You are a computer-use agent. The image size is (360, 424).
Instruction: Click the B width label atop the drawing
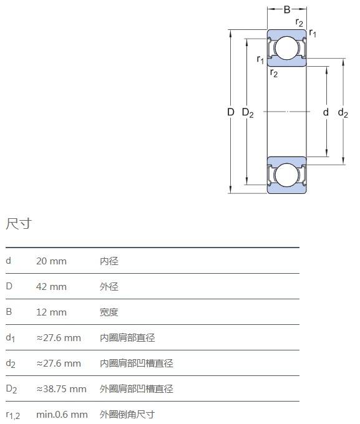pos(287,10)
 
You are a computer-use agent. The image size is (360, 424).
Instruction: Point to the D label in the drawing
pos(231,112)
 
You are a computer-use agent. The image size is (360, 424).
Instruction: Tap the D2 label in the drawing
pos(248,112)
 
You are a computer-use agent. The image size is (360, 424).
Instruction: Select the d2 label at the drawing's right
pos(343,112)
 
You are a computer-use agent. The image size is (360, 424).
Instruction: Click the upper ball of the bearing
pos(286,48)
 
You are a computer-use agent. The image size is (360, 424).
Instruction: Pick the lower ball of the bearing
pos(286,175)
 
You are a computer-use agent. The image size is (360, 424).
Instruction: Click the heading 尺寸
pos(19,224)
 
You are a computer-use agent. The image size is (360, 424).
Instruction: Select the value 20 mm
pos(51,261)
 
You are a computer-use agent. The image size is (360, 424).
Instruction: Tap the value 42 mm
pos(51,287)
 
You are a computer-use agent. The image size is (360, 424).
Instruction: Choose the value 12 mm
pos(51,312)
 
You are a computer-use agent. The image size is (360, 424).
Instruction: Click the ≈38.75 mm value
pos(61,389)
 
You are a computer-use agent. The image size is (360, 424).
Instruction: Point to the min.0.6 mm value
pos(62,415)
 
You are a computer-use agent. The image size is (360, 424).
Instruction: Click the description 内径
pos(109,261)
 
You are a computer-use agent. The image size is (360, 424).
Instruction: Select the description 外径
pos(109,287)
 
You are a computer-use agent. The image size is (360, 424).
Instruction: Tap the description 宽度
pos(109,312)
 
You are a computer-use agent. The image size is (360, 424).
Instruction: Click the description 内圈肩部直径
pos(127,338)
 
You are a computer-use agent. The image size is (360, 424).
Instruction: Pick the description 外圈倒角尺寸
pos(127,415)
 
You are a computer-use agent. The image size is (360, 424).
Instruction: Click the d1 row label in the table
pos(10,338)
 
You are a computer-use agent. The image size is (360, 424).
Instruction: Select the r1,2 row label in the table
pos(12,415)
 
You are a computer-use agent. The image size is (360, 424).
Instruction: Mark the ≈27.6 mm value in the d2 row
pos(59,364)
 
